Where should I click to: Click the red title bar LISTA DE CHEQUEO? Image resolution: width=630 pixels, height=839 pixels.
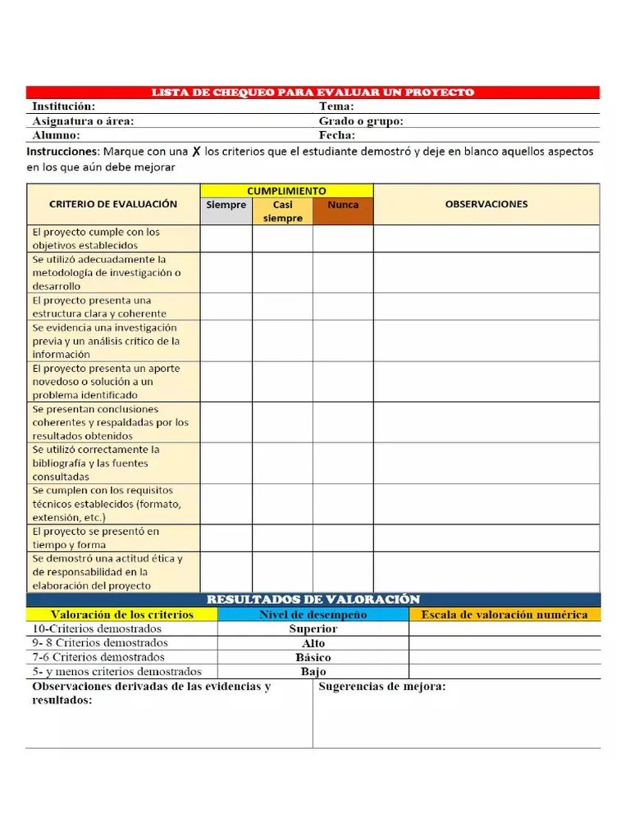(x=313, y=93)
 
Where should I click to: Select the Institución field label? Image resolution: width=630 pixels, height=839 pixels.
(x=63, y=107)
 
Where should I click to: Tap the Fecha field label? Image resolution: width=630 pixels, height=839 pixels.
(x=337, y=135)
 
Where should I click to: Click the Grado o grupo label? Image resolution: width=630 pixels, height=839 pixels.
(x=361, y=121)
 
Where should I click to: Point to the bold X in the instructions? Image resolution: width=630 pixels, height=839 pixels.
(x=197, y=152)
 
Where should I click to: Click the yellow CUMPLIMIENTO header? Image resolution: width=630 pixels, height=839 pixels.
(x=286, y=190)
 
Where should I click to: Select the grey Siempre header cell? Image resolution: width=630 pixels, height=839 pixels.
(x=226, y=206)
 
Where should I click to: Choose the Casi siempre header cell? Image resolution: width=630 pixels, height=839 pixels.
(x=282, y=211)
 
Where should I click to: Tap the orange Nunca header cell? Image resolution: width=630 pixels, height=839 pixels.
(x=343, y=206)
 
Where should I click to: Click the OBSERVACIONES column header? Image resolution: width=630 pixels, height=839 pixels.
(x=486, y=204)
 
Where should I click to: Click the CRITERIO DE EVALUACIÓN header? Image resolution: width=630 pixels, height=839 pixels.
(x=113, y=204)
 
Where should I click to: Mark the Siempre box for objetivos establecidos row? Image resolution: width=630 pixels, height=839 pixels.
(x=226, y=238)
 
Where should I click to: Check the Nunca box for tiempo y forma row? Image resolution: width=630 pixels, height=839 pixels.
(x=343, y=538)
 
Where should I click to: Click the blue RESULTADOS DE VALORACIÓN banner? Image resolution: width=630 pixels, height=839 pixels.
(x=313, y=600)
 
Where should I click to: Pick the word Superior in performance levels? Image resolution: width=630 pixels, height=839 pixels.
(x=313, y=629)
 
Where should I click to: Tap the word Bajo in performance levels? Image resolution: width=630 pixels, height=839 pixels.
(x=313, y=672)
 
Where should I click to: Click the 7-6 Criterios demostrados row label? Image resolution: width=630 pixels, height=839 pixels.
(x=98, y=657)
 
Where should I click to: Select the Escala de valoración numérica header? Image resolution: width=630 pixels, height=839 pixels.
(x=504, y=615)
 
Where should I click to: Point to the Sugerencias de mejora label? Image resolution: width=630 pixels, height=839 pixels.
(x=382, y=687)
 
